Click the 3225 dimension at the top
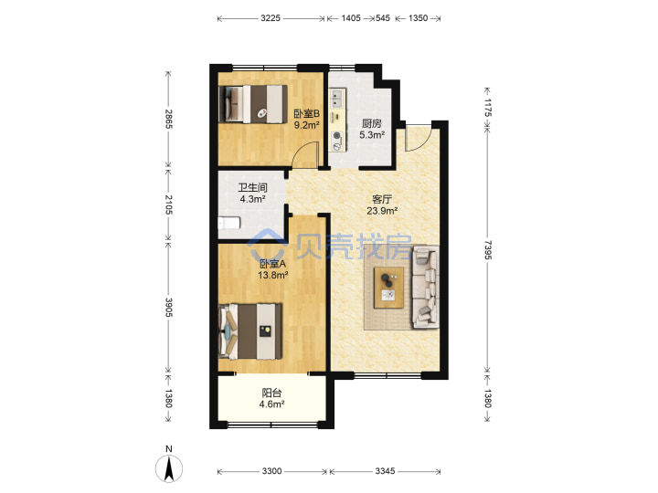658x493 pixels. tap(271, 18)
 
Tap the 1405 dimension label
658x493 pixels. tap(351, 18)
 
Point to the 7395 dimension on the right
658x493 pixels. tap(487, 250)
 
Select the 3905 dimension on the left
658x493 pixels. tap(168, 308)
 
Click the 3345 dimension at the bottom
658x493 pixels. tap(385, 471)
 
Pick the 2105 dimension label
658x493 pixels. tap(168, 205)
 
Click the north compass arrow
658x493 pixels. tap(169, 468)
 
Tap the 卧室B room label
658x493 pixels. tap(306, 113)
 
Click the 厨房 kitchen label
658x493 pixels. tap(372, 123)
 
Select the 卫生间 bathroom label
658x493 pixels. tap(252, 187)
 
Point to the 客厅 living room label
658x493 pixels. tap(382, 199)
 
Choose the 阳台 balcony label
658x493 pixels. tap(271, 393)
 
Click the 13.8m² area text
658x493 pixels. tap(272, 276)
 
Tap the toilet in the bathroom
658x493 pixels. tap(229, 223)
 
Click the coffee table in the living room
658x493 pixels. tap(389, 288)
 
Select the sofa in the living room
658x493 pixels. tap(426, 288)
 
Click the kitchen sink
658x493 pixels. tap(337, 99)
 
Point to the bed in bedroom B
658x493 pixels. tap(253, 104)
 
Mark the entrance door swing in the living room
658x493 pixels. tap(418, 139)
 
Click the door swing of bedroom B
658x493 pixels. tap(305, 154)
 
